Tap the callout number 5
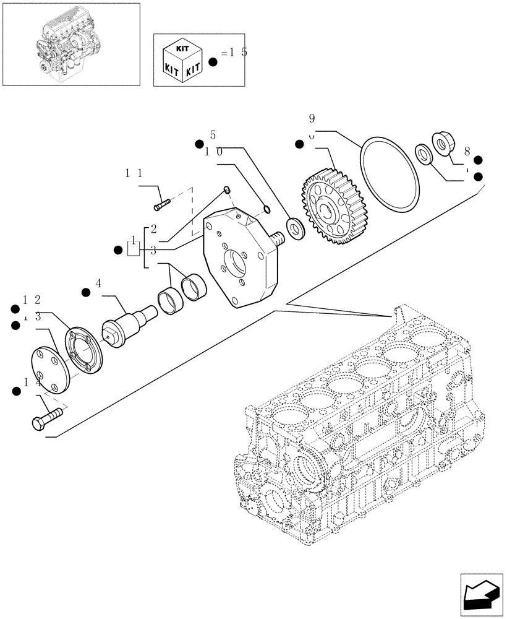click(x=213, y=135)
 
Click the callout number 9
click(x=312, y=118)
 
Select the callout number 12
click(x=32, y=300)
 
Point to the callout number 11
click(x=134, y=174)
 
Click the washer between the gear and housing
click(x=295, y=228)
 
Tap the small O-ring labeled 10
click(x=265, y=208)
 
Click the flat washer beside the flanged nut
click(x=424, y=153)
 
